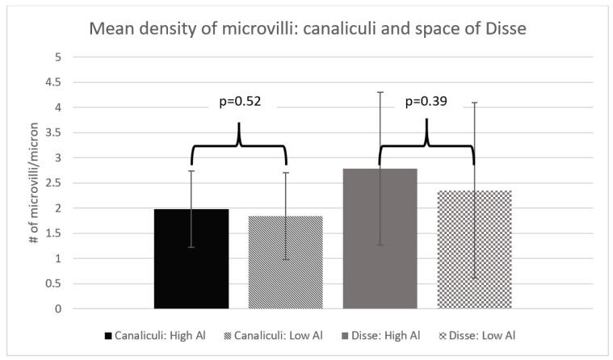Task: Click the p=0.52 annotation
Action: click(239, 103)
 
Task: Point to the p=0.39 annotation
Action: click(426, 103)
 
